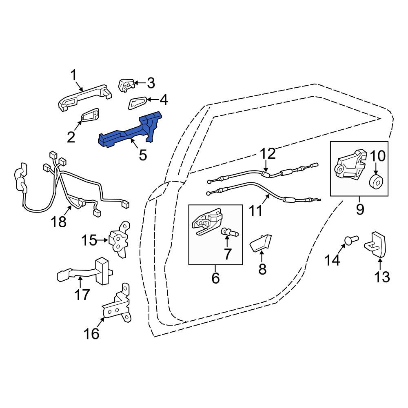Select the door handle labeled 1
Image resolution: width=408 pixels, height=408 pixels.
tap(84, 98)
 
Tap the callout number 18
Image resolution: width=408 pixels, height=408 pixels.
tap(58, 222)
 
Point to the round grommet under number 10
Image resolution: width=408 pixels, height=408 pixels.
tap(376, 182)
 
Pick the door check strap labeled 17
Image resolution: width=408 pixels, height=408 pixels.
tap(84, 271)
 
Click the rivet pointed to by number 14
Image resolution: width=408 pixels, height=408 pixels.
tap(351, 240)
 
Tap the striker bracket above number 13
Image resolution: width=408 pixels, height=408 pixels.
tap(375, 244)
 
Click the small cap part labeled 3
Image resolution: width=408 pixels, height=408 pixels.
tap(126, 85)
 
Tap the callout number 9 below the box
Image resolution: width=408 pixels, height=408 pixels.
tap(360, 209)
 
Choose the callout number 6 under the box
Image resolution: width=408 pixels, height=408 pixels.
tap(215, 278)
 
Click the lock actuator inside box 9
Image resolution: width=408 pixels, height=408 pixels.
tap(350, 165)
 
